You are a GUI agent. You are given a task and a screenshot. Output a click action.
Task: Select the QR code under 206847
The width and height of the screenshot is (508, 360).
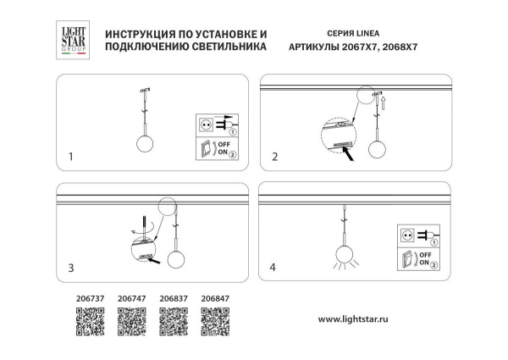pyautogui.click(x=214, y=322)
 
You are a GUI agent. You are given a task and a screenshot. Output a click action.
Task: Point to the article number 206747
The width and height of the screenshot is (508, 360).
pyautogui.click(x=132, y=298)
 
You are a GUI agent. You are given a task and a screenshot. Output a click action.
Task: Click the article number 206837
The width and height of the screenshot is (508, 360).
pyautogui.click(x=173, y=298)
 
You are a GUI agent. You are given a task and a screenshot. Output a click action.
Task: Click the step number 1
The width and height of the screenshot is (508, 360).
pyautogui.click(x=71, y=157)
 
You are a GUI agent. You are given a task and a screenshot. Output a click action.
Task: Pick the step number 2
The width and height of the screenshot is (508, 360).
pyautogui.click(x=274, y=157)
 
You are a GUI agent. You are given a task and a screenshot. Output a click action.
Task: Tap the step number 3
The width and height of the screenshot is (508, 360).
pyautogui.click(x=71, y=268)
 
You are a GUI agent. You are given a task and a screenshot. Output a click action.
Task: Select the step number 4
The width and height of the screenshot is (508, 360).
pyautogui.click(x=273, y=268)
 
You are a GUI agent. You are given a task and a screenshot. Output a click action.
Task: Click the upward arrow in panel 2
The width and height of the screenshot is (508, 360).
pyautogui.click(x=382, y=104)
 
